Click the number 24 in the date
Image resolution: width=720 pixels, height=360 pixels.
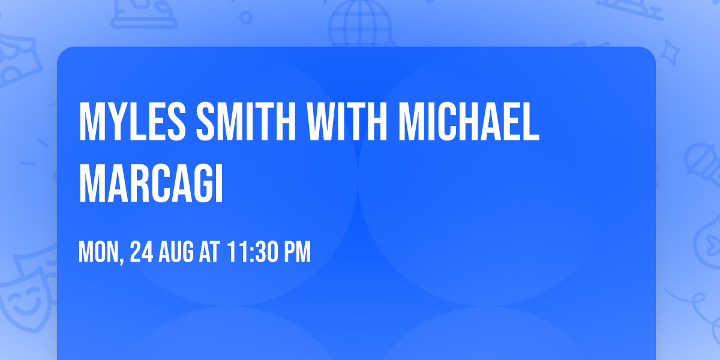(142, 253)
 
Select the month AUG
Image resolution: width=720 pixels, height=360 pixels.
(178, 253)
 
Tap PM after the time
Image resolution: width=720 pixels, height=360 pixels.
(297, 253)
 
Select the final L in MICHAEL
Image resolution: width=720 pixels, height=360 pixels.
(532, 122)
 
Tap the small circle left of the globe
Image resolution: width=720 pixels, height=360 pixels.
(247, 19)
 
